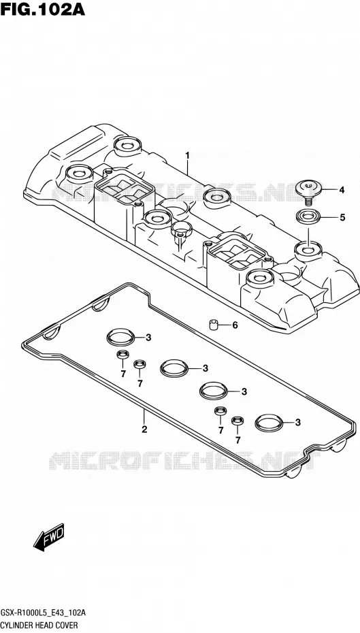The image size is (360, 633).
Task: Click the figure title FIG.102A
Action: click(43, 9)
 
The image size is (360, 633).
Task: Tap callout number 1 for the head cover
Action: click(187, 155)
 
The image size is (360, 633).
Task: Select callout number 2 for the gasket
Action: click(144, 429)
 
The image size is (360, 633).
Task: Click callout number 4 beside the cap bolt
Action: click(342, 190)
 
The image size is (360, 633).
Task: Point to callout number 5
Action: click(342, 218)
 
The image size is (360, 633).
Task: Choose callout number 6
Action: click(235, 325)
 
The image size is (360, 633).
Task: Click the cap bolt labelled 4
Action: click(309, 190)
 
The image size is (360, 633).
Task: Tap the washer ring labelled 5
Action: click(308, 217)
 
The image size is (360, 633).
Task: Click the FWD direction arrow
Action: click(48, 537)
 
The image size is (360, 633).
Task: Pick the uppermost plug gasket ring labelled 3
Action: click(120, 337)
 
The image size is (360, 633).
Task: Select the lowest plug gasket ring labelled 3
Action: click(269, 422)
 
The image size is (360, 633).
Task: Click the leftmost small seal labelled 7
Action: click(122, 355)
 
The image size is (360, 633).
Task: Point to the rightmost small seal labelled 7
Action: click(238, 421)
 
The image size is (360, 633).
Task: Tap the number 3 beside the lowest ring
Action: click(298, 423)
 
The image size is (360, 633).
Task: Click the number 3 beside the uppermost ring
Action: click(148, 338)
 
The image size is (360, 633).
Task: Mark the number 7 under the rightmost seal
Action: click(238, 440)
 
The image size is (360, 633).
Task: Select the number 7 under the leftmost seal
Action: click(123, 374)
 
